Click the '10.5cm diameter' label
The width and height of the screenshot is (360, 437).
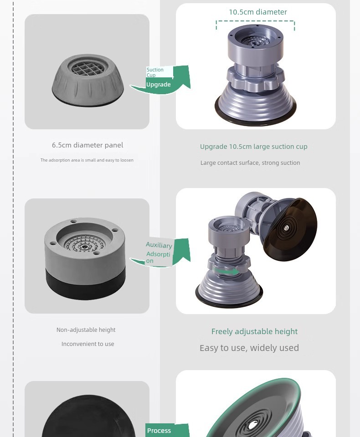coord(258,12)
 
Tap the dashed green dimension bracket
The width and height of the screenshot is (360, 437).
coord(255,21)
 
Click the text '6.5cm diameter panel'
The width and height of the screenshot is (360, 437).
coord(87,145)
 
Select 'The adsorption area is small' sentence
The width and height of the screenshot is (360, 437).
coord(87,160)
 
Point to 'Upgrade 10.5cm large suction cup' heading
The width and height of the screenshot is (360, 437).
coord(254,147)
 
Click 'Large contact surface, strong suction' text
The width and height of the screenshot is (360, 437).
coord(250,163)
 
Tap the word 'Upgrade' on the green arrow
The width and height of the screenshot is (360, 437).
coord(158,85)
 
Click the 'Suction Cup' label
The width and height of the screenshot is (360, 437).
coord(155,72)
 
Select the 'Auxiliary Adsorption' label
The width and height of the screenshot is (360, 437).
coord(159,253)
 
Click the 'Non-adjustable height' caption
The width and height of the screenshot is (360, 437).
coord(86,330)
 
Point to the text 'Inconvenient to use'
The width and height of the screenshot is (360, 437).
coord(87,344)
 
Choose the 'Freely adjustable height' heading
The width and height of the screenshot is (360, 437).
coord(255,331)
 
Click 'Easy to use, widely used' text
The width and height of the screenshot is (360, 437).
coord(249,348)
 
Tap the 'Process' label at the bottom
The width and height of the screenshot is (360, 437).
coord(159,431)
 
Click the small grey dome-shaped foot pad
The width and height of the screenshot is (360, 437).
coord(87,80)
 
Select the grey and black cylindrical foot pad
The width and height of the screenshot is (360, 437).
coord(85,259)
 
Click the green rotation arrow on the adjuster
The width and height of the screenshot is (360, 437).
coord(226,271)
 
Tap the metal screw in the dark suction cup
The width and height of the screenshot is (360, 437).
coord(286,228)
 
